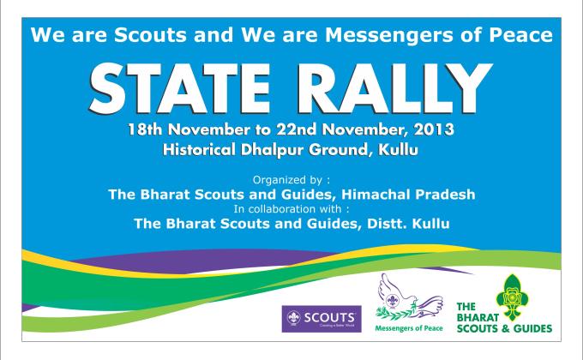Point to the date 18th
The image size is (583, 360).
tap(147, 130)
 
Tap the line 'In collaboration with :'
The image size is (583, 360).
tap(291, 208)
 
